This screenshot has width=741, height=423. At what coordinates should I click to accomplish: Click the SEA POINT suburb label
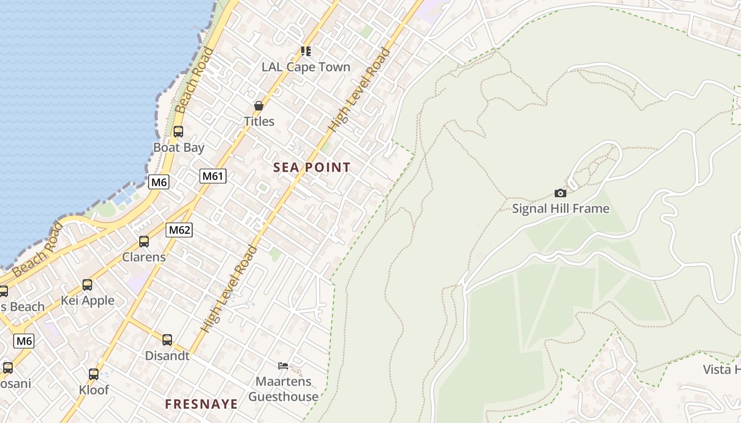coord(312,168)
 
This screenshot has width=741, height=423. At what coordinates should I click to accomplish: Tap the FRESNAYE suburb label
coord(201,404)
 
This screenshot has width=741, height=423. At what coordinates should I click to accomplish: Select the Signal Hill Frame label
coord(561,209)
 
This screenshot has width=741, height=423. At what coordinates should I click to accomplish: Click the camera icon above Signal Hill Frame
coord(561,194)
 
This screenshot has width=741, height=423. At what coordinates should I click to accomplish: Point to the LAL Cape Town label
coord(306,67)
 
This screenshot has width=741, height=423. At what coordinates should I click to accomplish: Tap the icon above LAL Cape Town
coord(305,51)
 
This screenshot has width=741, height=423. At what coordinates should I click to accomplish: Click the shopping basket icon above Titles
coord(259,106)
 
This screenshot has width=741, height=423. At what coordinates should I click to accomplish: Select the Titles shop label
coord(259,122)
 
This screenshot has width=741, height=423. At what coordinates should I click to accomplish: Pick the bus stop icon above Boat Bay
coord(178,132)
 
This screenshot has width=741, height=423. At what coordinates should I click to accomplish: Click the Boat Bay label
coord(178,148)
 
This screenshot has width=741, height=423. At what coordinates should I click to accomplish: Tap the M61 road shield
coord(213,176)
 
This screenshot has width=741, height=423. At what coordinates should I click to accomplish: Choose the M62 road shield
coord(179,230)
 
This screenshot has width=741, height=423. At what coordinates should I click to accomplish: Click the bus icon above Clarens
coord(144,242)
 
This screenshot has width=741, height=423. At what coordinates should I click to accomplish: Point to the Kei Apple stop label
coord(87,301)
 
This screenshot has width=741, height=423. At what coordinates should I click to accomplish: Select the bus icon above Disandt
coord(167,340)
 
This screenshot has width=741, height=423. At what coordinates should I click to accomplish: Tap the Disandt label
coord(167,356)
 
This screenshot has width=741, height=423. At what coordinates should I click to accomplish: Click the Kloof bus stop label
coord(94,390)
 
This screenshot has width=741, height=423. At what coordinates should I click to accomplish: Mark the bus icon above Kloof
coord(94,374)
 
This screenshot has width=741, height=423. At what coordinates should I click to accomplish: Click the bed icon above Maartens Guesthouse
coord(283,365)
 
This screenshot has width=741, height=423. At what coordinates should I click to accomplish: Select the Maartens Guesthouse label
coord(283,389)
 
